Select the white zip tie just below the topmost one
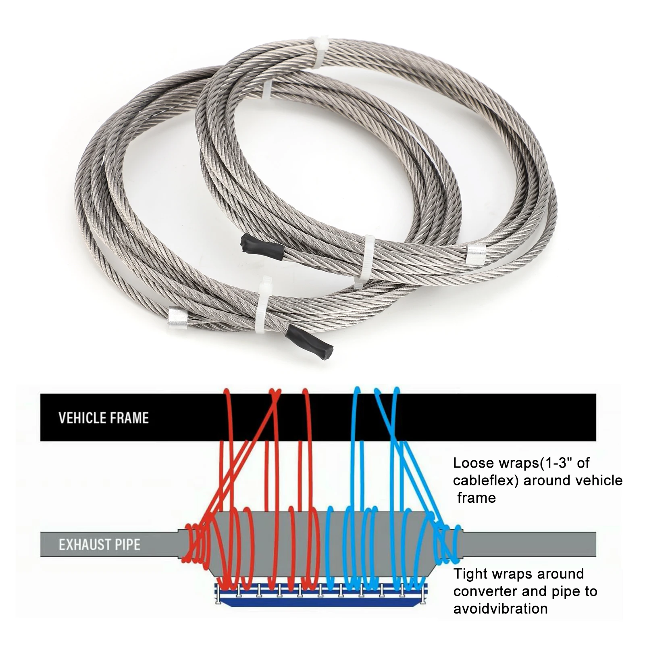click(267, 90)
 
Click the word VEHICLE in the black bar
click(81, 418)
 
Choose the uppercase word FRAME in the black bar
click(129, 418)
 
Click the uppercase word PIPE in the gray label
click(127, 545)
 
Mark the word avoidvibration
click(500, 609)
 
